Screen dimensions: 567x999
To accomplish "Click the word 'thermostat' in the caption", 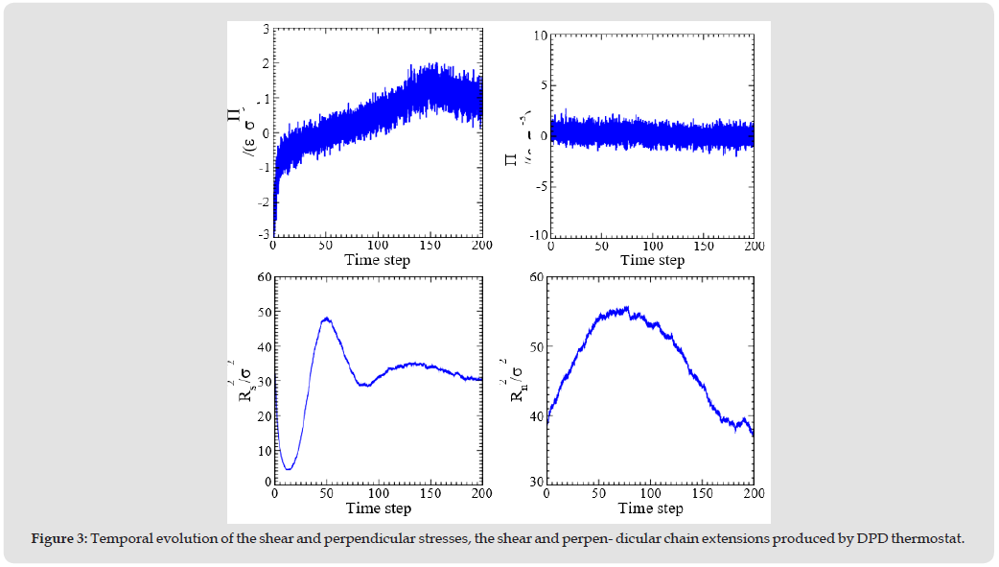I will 929,538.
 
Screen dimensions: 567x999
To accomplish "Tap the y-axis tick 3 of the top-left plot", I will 266,30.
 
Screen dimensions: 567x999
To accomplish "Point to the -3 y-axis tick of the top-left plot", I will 264,235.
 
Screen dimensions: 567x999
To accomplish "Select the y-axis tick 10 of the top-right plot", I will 539,35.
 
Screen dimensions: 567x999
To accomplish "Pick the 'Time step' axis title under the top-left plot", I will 378,260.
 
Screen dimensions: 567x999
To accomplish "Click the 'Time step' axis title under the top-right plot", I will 652,260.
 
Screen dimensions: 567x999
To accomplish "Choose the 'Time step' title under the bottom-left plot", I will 378,508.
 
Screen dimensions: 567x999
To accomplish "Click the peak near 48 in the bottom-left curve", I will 327,319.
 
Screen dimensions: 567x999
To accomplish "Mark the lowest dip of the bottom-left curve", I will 288,469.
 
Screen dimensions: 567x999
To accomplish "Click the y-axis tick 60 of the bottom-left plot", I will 263,278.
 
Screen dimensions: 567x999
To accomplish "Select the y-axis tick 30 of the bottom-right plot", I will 536,482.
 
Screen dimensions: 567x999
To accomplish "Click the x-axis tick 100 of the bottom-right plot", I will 650,493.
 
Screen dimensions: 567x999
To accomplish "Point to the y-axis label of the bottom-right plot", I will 523,379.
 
